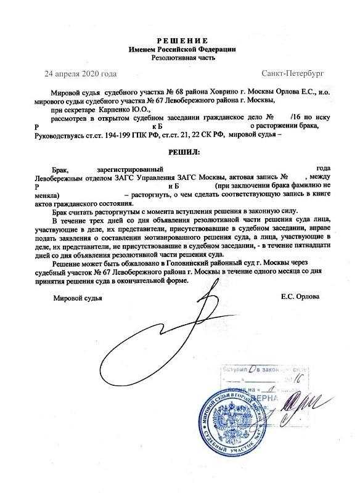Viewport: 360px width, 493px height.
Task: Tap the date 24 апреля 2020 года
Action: pos(81,74)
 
